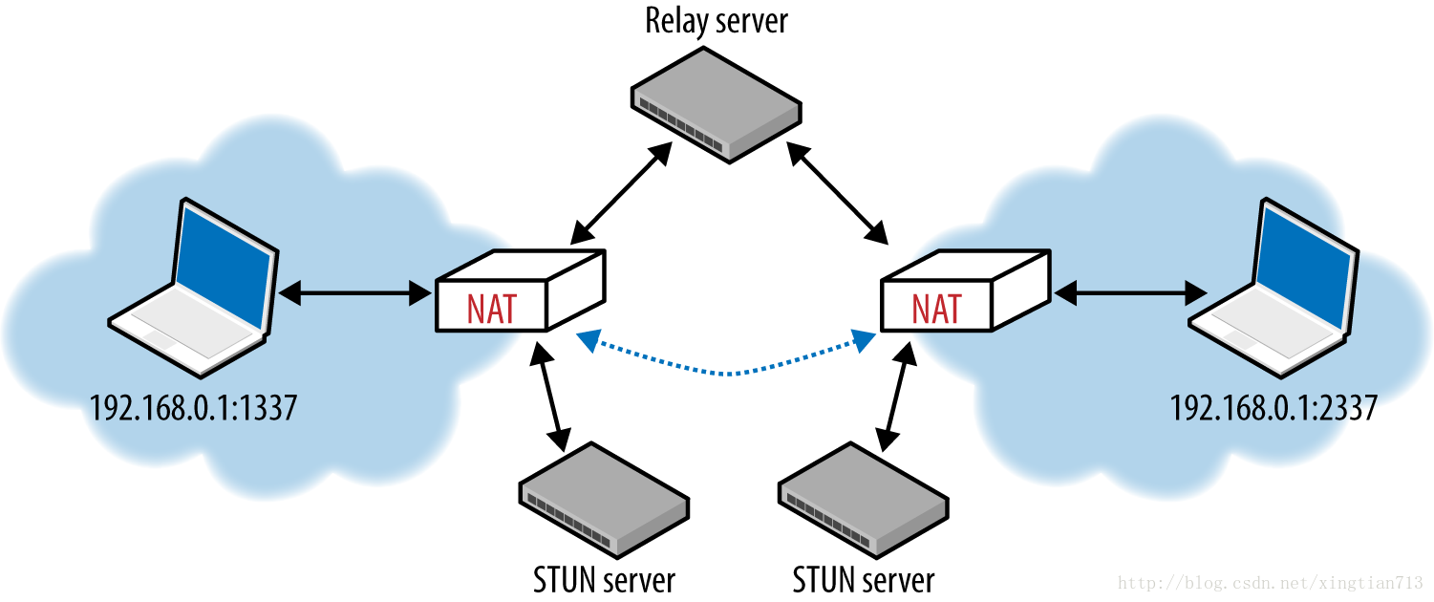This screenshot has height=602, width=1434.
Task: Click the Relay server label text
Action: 716,21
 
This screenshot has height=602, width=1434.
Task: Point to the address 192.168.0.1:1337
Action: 193,408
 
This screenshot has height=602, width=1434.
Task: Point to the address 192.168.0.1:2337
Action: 1273,408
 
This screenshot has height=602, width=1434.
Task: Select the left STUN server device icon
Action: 604,499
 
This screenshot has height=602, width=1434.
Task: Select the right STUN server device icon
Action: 864,499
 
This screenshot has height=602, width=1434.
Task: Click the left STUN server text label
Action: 604,579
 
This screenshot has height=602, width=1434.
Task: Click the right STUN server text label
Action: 864,579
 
